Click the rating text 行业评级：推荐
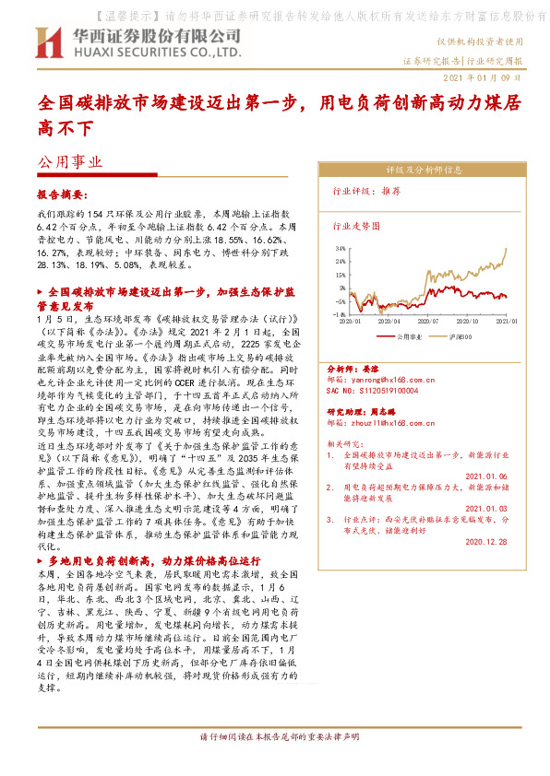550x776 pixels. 365,193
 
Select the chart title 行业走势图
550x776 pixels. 355,224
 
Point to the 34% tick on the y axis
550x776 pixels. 341,248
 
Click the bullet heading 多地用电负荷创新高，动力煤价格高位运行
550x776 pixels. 153,560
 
